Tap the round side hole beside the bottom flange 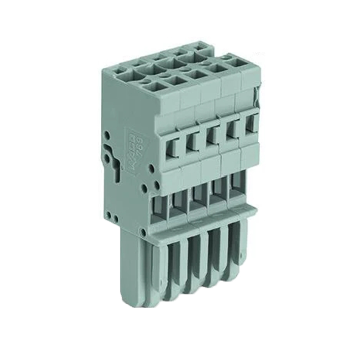[x=144, y=233]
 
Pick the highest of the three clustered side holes [x=151, y=167]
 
